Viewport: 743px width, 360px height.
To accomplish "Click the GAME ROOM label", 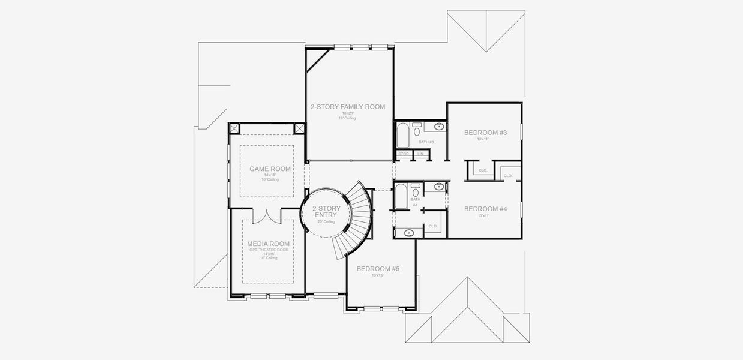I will [x=270, y=169].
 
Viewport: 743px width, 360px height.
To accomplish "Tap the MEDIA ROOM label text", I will [x=268, y=244].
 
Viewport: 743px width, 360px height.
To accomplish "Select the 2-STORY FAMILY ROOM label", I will [x=347, y=107].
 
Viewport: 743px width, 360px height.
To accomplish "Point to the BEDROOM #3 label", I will [x=485, y=132].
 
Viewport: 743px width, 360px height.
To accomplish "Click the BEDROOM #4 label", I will [x=485, y=209].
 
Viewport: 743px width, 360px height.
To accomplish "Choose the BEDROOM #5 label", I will [x=378, y=269].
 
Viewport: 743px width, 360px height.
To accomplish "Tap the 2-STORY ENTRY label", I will [x=326, y=211].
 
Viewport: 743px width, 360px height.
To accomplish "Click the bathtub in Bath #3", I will [x=402, y=136].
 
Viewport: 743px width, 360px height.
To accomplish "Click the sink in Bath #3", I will [x=438, y=127].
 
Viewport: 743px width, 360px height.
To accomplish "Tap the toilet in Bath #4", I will [x=416, y=193].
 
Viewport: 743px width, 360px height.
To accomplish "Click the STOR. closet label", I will [x=404, y=154].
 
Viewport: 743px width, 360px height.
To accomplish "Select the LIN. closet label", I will [x=420, y=154].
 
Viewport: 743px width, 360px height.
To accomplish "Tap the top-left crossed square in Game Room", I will [x=234, y=129].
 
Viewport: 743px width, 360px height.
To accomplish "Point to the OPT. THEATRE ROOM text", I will [x=268, y=249].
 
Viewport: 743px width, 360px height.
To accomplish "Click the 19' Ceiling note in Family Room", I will [x=347, y=118].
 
